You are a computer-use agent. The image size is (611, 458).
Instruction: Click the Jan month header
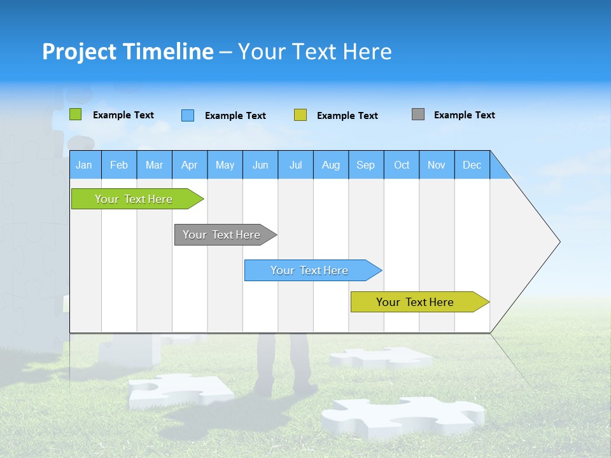[84, 165]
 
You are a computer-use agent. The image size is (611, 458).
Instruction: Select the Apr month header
[189, 165]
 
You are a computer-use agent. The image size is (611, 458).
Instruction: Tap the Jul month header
[295, 165]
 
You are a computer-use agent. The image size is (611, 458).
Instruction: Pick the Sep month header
[365, 165]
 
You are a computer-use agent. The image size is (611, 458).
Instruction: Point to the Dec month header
[472, 165]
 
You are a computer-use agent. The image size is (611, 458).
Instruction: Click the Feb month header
[119, 165]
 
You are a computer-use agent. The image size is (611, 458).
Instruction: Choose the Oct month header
[402, 165]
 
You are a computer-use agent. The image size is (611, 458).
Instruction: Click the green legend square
[76, 114]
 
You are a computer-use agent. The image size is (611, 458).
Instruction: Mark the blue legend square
[187, 115]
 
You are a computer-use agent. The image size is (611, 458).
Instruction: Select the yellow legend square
[300, 115]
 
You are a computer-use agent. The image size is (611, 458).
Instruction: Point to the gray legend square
[418, 114]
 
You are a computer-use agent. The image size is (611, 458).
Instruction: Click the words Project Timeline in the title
[128, 52]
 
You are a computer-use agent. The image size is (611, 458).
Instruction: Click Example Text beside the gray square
[464, 115]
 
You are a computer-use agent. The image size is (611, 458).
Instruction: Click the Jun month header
[260, 165]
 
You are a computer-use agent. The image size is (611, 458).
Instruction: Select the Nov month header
[437, 165]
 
